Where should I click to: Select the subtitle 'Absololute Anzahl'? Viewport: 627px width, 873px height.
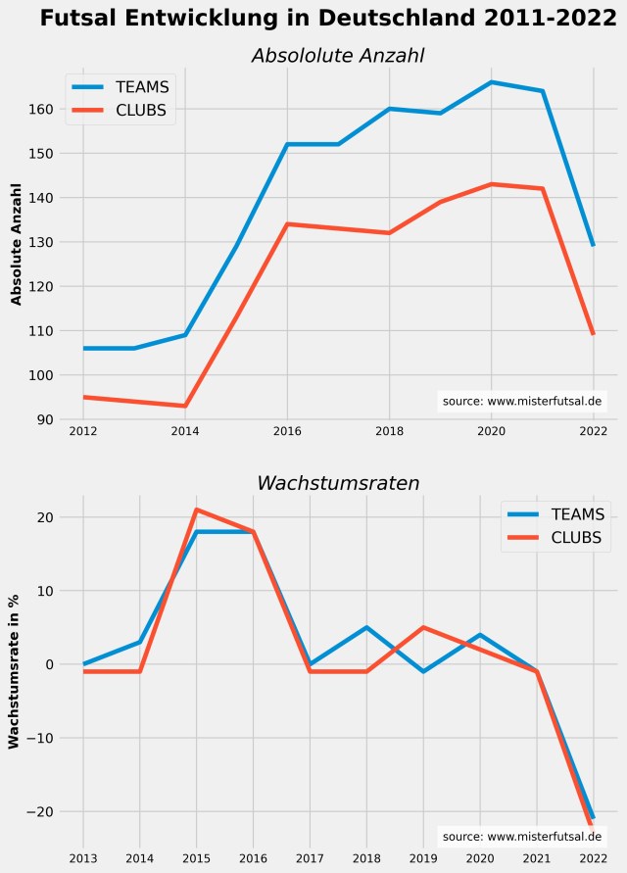[x=338, y=56]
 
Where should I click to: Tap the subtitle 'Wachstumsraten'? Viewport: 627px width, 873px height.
[x=338, y=483]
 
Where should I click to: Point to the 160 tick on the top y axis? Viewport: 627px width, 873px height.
[x=46, y=109]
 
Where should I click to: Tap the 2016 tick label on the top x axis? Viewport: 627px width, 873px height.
[x=287, y=431]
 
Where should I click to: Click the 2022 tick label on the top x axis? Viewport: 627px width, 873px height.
[x=593, y=431]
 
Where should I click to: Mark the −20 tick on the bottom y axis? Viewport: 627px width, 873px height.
[x=43, y=811]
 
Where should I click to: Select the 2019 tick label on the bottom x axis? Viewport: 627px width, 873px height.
[x=423, y=858]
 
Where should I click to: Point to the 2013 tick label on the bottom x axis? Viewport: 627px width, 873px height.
[x=83, y=858]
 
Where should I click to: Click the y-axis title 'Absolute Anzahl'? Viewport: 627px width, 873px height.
[x=16, y=243]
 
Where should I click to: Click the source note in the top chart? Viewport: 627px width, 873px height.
[x=522, y=401]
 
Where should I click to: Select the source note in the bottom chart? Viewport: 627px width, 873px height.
[x=522, y=837]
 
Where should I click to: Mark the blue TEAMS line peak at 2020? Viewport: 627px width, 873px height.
[x=491, y=82]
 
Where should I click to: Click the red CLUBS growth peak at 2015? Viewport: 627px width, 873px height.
[x=197, y=509]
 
